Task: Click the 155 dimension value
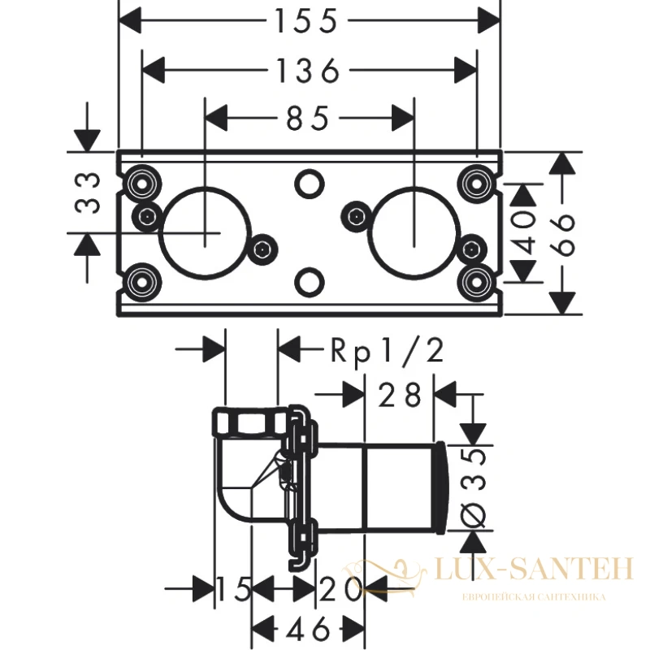pyautogui.click(x=306, y=21)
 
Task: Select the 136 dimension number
pyautogui.click(x=308, y=70)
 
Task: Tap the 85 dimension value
pyautogui.click(x=308, y=118)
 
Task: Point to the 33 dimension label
pyautogui.click(x=88, y=193)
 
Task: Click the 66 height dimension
pyautogui.click(x=562, y=234)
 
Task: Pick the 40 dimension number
pyautogui.click(x=524, y=232)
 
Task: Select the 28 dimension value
pyautogui.click(x=400, y=395)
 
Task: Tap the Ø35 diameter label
pyautogui.click(x=474, y=488)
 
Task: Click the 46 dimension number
pyautogui.click(x=309, y=630)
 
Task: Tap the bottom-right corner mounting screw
pyautogui.click(x=477, y=282)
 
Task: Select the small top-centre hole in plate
pyautogui.click(x=310, y=184)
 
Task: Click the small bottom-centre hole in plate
pyautogui.click(x=310, y=282)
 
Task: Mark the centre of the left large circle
pyautogui.click(x=206, y=232)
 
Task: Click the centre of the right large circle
pyautogui.click(x=414, y=232)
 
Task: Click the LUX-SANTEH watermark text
pyautogui.click(x=535, y=568)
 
